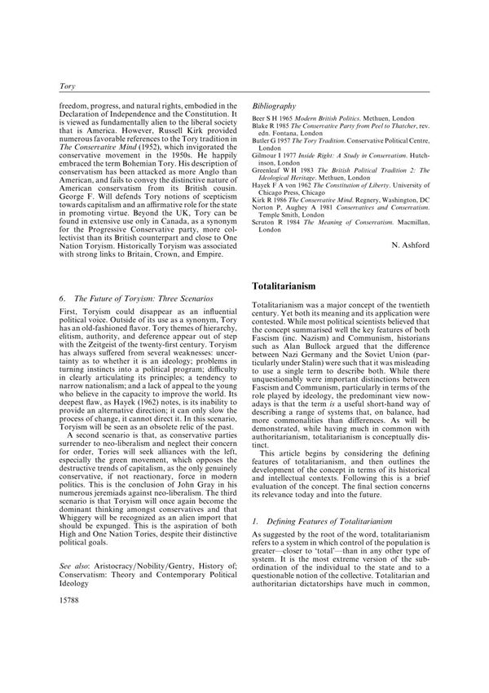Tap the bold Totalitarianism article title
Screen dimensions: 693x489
point(296,288)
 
